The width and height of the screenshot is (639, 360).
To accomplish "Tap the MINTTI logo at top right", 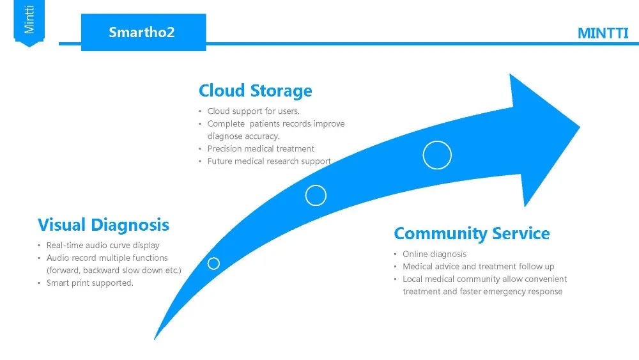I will (603, 34).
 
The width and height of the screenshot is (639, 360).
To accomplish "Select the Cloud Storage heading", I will (255, 91).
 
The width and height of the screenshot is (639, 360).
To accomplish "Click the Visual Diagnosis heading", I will (104, 225).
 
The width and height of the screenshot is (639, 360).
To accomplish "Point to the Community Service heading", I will (472, 233).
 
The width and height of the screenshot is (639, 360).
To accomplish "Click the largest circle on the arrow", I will (437, 155).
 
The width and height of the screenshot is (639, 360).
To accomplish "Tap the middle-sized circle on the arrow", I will (316, 195).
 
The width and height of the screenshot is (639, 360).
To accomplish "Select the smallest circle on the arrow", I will (213, 263).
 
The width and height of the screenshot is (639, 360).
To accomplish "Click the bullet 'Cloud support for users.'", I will (253, 111).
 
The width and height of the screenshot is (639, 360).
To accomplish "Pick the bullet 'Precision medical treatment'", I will (261, 149).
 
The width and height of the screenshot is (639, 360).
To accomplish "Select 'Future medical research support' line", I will (268, 161).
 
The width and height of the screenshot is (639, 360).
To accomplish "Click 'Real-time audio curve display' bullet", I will (103, 246).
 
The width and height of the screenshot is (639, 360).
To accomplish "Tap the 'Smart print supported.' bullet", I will (89, 283).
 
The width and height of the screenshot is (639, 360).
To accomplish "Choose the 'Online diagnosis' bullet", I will (435, 254).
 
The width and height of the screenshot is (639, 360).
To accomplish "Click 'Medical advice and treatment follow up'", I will (478, 267).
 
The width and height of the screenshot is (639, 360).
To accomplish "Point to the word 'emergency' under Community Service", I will (504, 292).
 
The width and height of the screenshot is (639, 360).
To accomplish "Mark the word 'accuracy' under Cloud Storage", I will (262, 136).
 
